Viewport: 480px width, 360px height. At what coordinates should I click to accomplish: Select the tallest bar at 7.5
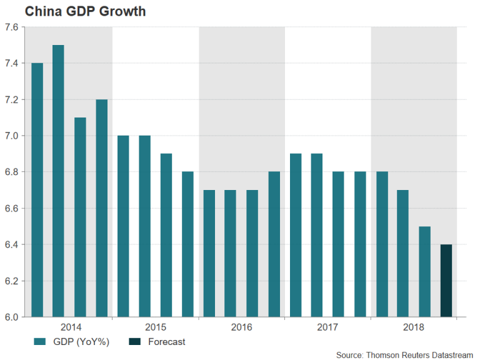click(58, 181)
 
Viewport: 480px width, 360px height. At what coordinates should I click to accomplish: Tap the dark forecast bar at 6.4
click(446, 281)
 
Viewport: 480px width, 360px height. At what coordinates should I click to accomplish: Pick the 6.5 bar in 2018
click(424, 271)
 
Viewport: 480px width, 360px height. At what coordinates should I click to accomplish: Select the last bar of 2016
click(274, 244)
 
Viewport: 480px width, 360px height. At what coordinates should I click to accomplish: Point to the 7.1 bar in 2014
click(80, 217)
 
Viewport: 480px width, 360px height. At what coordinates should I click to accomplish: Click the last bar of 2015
click(187, 244)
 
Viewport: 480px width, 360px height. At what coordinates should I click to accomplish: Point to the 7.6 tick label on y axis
click(11, 27)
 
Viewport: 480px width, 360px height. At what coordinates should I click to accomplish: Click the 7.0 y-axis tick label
click(11, 136)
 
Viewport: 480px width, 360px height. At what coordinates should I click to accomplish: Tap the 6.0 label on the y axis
click(11, 317)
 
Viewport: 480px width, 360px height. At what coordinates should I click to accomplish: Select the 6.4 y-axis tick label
click(11, 244)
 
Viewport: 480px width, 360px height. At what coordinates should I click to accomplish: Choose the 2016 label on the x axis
click(241, 327)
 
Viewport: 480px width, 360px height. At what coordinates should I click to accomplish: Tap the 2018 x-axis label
click(413, 327)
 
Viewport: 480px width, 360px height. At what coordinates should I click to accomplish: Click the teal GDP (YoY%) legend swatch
click(41, 342)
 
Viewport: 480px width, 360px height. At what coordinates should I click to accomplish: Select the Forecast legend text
click(167, 342)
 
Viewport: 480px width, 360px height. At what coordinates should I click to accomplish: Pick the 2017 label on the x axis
click(327, 327)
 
